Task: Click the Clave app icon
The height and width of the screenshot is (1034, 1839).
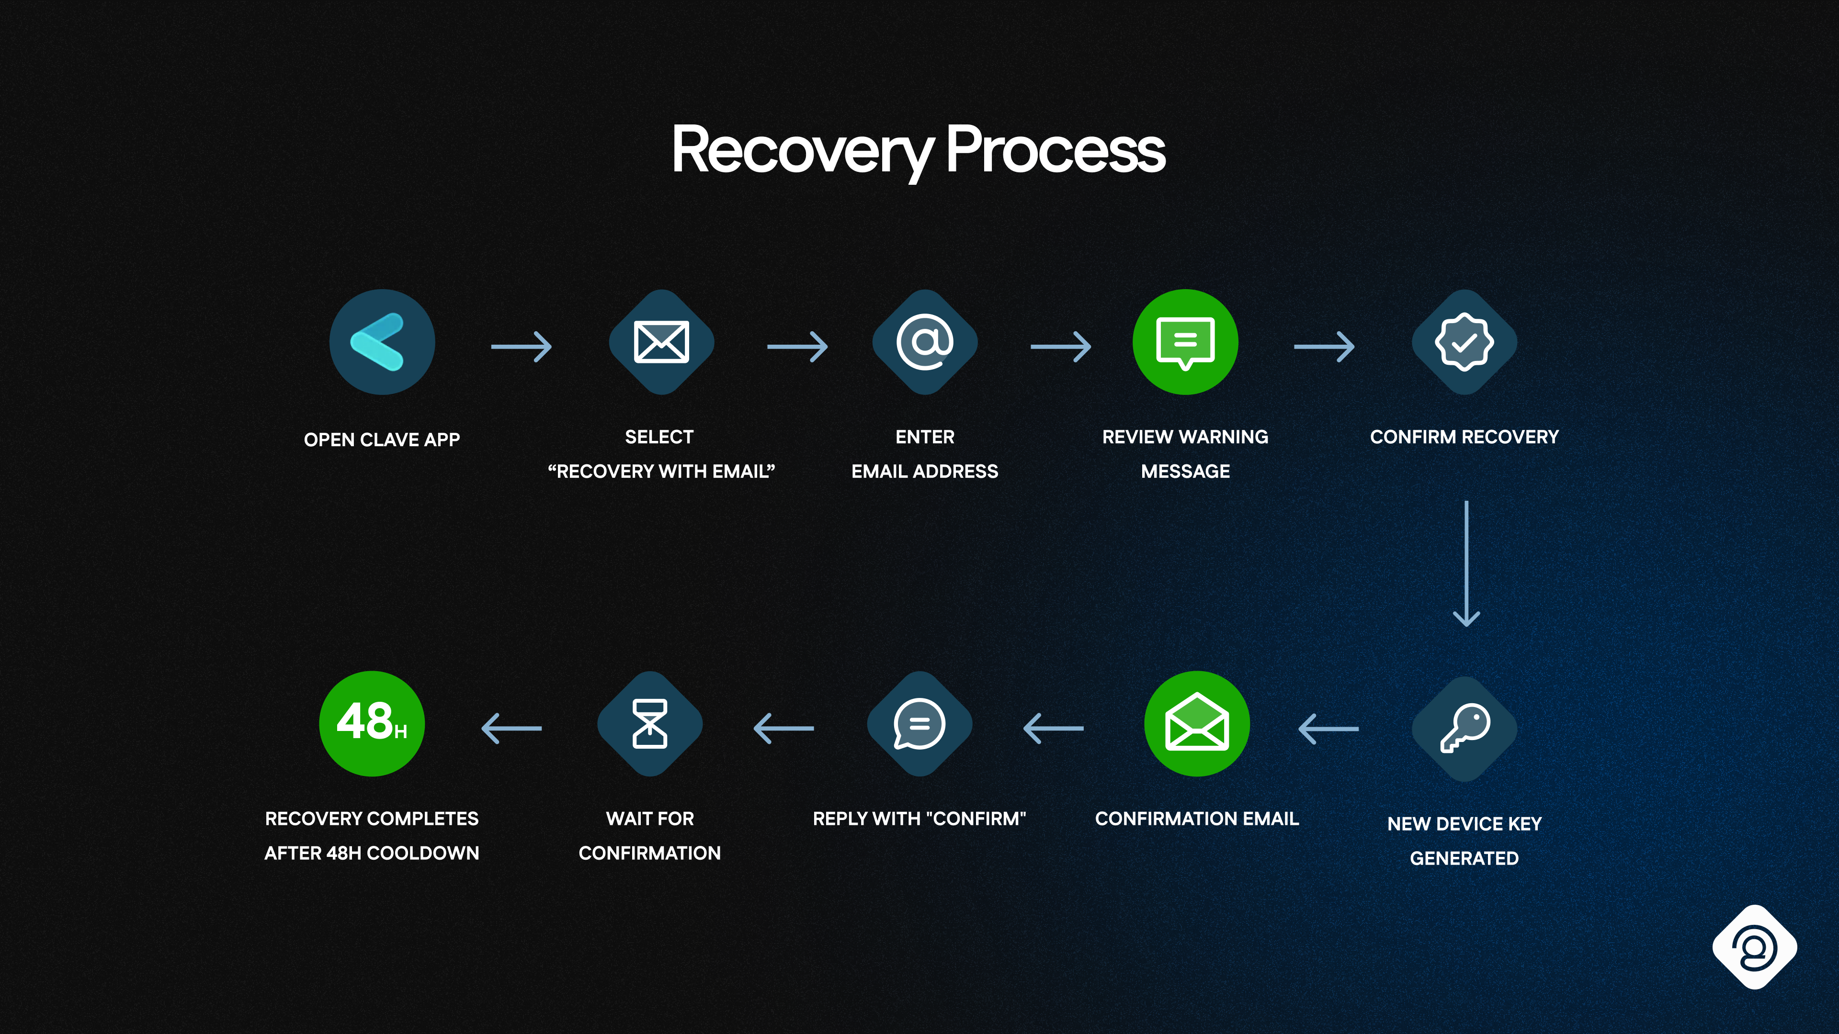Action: (x=382, y=342)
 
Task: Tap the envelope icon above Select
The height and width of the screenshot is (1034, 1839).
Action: (x=661, y=342)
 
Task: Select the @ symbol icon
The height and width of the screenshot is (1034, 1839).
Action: (x=924, y=342)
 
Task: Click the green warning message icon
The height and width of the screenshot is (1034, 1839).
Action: (x=1185, y=342)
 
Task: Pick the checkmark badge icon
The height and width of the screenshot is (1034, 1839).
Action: (x=1464, y=342)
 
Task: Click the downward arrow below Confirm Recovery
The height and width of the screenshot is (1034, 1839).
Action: (x=1466, y=564)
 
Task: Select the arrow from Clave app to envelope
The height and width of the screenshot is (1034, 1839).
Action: (x=521, y=347)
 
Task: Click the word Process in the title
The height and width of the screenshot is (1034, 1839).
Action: (x=1055, y=150)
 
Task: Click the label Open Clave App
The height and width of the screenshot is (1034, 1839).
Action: (x=382, y=439)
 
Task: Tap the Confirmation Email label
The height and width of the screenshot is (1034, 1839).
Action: (x=1196, y=819)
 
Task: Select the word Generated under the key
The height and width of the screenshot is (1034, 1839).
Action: (x=1464, y=858)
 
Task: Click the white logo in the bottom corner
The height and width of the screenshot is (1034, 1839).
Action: (x=1754, y=947)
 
